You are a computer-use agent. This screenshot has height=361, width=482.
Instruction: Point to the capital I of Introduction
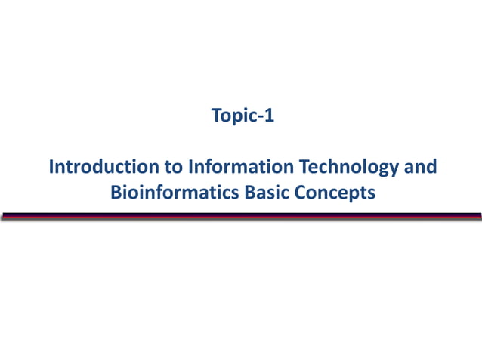coord(51,166)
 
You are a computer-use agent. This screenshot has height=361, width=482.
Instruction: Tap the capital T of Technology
coord(305,166)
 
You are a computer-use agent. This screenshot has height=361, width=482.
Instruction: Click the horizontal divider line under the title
coord(241,216)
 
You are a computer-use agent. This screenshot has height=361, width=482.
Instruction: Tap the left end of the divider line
coord(3,216)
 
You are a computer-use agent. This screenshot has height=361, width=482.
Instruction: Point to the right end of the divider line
coord(479,216)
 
